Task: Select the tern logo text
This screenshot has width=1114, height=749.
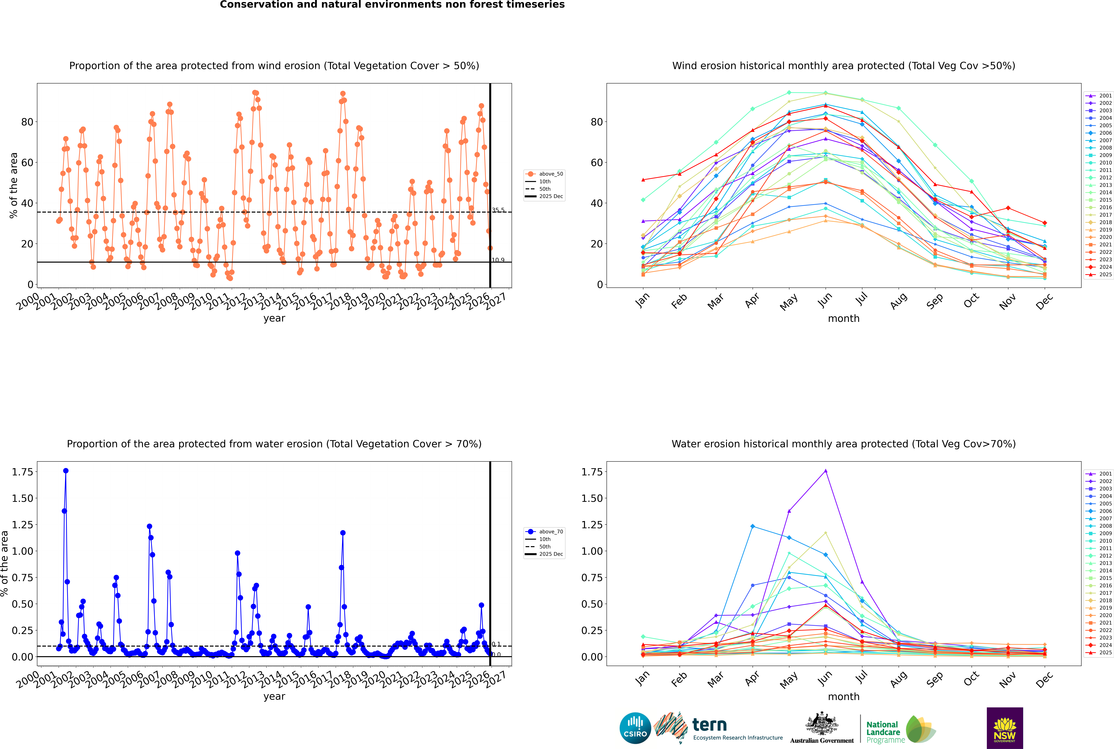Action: (710, 725)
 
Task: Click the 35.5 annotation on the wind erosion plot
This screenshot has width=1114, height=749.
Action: (498, 210)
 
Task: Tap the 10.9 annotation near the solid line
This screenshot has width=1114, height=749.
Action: (498, 260)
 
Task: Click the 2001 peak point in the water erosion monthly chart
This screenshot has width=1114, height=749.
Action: (826, 471)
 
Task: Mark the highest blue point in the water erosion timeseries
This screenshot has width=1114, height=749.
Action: (66, 471)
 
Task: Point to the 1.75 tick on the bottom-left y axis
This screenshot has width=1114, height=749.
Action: (22, 472)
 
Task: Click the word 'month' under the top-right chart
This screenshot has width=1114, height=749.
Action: (843, 319)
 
